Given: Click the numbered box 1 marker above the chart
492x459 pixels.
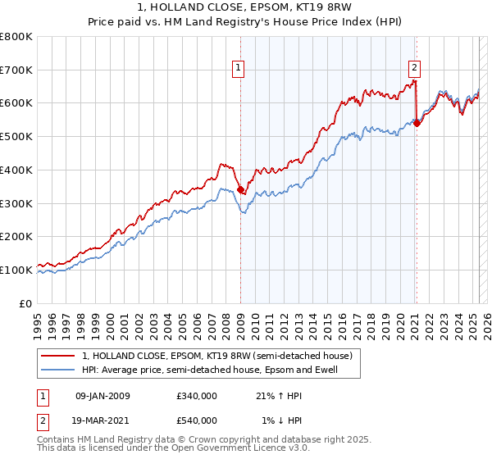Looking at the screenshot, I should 238,69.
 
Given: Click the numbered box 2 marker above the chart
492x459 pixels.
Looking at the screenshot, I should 414,69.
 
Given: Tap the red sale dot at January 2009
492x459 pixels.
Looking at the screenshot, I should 240,189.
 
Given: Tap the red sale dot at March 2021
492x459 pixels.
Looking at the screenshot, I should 417,123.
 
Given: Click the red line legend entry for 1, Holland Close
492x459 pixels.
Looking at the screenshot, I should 217,356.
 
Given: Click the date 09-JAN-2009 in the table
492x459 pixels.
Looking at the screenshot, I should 102,396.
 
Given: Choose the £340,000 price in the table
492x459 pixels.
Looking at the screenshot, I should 197,396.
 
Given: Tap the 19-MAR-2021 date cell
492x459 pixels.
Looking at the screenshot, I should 102,420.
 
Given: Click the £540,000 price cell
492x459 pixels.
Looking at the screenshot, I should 197,420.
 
